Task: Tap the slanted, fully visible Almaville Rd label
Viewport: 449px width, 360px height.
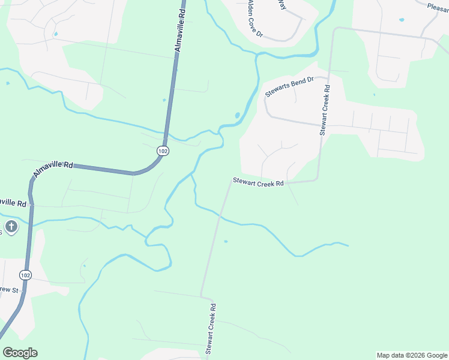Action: pyautogui.click(x=53, y=168)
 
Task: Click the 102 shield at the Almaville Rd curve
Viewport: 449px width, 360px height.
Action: pyautogui.click(x=163, y=151)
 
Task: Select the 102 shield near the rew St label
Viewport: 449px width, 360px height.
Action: pyautogui.click(x=25, y=275)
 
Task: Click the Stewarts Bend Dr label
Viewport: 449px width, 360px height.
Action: pyautogui.click(x=289, y=88)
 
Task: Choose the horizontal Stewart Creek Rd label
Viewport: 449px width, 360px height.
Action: pyautogui.click(x=258, y=182)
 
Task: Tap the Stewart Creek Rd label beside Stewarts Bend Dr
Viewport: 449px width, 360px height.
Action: pyautogui.click(x=325, y=109)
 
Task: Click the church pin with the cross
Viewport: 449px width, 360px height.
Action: pyautogui.click(x=11, y=227)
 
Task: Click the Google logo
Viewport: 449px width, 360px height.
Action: pyautogui.click(x=20, y=353)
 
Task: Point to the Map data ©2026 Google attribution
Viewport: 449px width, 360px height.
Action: pyautogui.click(x=412, y=355)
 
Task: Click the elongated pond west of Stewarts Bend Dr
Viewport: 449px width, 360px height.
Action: pyautogui.click(x=238, y=115)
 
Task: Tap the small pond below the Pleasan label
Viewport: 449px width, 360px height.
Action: pyautogui.click(x=402, y=20)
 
